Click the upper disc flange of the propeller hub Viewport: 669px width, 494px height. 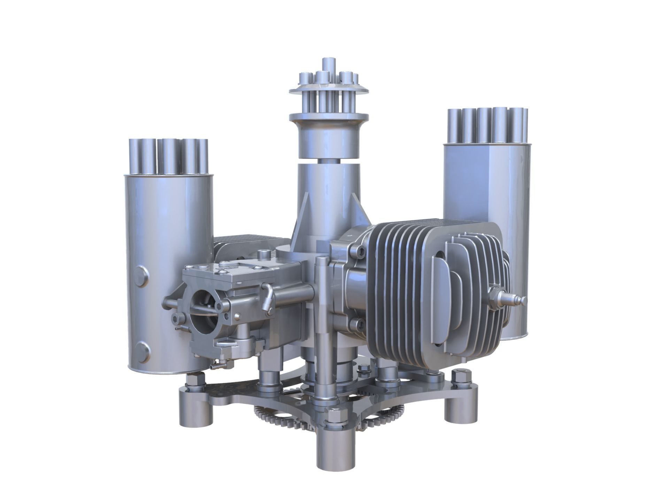[329, 89]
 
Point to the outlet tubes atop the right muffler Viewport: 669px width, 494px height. [488, 126]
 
